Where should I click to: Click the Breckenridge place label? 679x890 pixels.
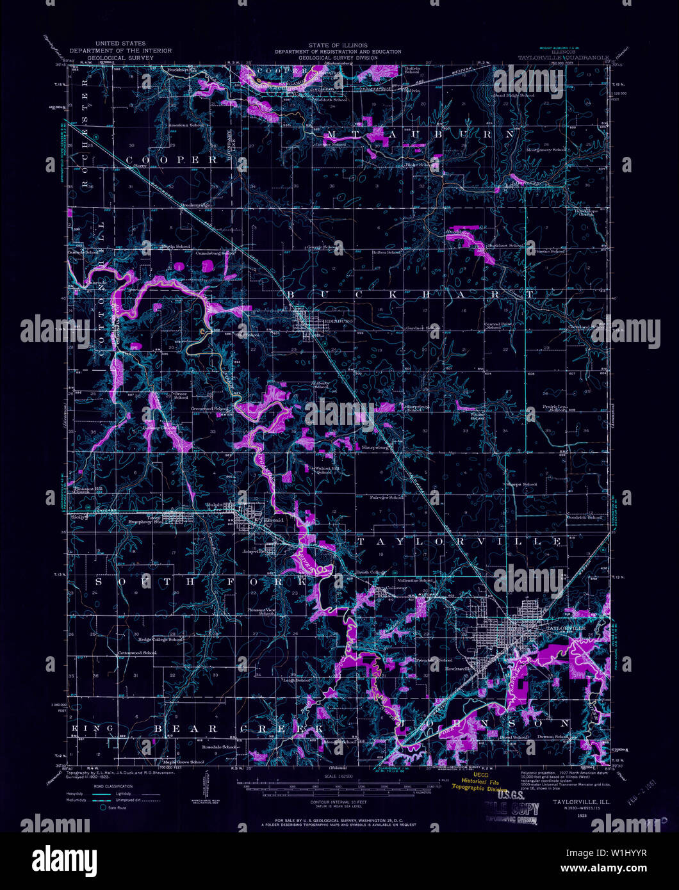pos(196,205)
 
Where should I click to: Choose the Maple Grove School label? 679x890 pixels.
pos(184,762)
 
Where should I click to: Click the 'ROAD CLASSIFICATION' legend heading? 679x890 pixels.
pos(113,786)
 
